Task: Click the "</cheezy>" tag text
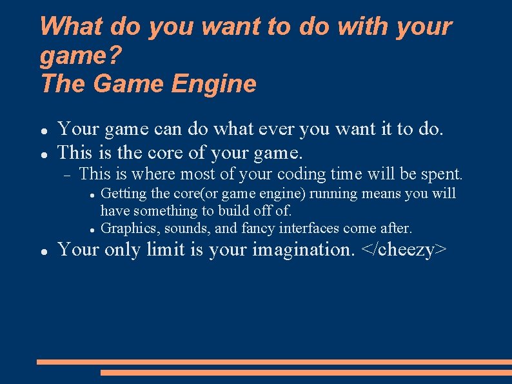click(x=404, y=250)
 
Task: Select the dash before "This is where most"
click(x=66, y=174)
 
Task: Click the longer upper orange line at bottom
click(x=274, y=362)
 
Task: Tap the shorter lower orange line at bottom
click(x=306, y=372)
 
